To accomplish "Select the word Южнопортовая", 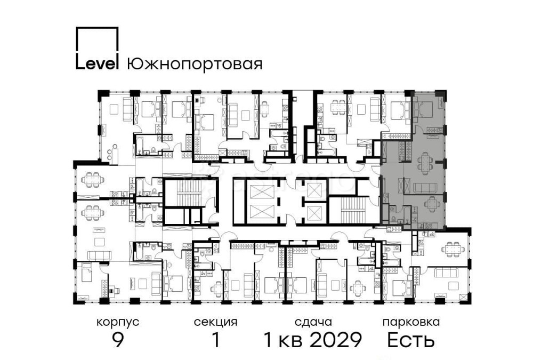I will [x=195, y=65].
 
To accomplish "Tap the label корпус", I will [x=118, y=322].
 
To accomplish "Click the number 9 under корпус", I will [x=118, y=340].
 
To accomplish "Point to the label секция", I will [x=215, y=322].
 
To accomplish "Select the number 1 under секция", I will [x=215, y=340].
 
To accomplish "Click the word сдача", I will [x=313, y=322].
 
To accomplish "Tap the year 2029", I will [x=336, y=340].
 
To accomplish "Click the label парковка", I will [x=410, y=322].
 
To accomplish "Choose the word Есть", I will [x=410, y=340].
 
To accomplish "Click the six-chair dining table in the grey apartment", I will [x=425, y=163].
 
